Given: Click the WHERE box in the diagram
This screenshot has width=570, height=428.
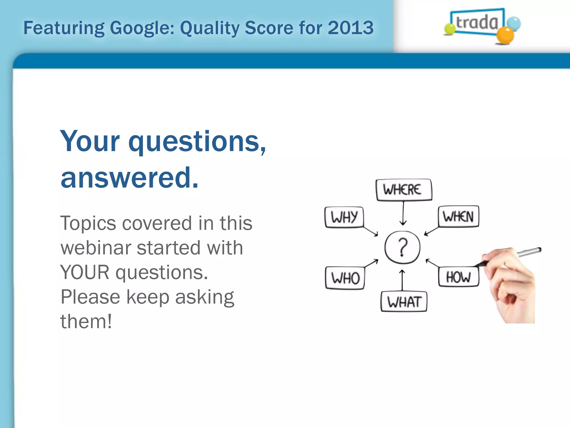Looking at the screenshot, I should coord(404,190).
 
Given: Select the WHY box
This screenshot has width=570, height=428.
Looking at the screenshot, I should coord(344,217).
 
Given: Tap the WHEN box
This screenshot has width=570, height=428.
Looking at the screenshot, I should coord(458,217).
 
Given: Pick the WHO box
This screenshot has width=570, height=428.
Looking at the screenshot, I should coord(345,278).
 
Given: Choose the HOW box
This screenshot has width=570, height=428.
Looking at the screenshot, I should coord(458,277).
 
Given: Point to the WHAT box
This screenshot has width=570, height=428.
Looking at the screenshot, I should coord(404,302).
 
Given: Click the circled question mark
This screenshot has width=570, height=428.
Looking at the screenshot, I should coord(402,247).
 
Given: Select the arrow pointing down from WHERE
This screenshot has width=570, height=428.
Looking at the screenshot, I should coord(403,213).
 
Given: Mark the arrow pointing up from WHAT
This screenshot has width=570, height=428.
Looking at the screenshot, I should coord(402,280).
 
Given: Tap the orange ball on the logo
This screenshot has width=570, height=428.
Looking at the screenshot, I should coord(505,35).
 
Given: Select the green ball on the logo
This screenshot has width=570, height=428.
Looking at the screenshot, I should coord(449,29).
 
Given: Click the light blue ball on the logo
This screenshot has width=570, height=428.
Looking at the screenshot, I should coord(514,23).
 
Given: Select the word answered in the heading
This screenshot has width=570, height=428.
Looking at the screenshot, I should coord(129,177).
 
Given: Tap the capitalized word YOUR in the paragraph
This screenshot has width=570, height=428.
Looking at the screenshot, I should coord(85,272).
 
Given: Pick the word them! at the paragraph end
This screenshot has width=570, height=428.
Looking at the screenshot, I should coord(86,321).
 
